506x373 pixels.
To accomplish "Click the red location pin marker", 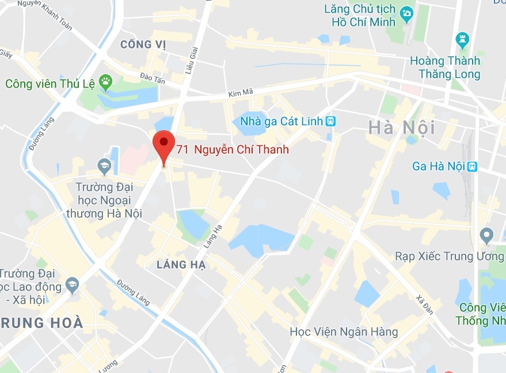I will coord(164,144).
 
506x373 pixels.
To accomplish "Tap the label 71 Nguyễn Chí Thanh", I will coord(233,150).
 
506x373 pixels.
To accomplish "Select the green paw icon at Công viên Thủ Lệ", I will coord(105,82).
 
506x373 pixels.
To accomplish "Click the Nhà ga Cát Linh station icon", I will coord(330,121).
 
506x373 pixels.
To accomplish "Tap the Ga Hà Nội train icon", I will coord(472,166).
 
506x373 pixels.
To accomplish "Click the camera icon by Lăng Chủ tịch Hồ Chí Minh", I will coord(407,13).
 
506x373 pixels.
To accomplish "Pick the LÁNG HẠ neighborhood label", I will coord(181,264).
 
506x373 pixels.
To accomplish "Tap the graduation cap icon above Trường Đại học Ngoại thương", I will coord(104,167).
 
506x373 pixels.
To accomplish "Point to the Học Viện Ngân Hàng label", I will coord(344,331).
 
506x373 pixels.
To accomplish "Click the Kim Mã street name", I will coord(241,92).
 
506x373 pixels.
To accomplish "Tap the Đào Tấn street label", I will coord(153,78).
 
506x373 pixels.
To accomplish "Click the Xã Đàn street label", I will coord(424,304).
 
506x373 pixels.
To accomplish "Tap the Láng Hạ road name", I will coord(213,236).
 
